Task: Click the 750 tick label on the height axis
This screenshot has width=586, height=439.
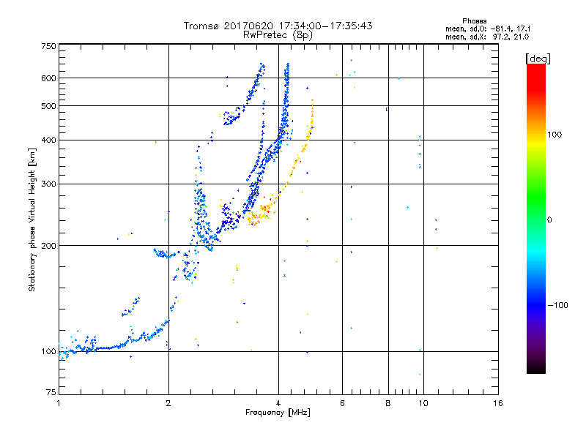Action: [x=48, y=45]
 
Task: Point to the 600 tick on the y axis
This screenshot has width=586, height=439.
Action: [x=48, y=78]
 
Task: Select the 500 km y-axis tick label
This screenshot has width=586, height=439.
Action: [x=48, y=105]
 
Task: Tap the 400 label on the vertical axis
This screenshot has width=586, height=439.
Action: [x=48, y=140]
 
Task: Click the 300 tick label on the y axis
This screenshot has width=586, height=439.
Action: [x=48, y=184]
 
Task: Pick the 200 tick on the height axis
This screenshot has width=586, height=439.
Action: [x=48, y=245]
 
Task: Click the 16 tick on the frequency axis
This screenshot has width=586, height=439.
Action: [x=497, y=403]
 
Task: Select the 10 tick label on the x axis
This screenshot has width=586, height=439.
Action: [x=422, y=403]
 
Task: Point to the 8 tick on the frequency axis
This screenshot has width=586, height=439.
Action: [x=388, y=403]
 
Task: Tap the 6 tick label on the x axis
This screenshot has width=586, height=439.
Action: [x=342, y=403]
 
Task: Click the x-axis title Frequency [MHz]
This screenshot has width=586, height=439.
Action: [x=278, y=413]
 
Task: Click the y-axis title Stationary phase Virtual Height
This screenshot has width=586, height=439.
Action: [x=32, y=219]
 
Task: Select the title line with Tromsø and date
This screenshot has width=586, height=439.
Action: [x=278, y=26]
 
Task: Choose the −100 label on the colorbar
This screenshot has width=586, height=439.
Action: [x=558, y=304]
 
